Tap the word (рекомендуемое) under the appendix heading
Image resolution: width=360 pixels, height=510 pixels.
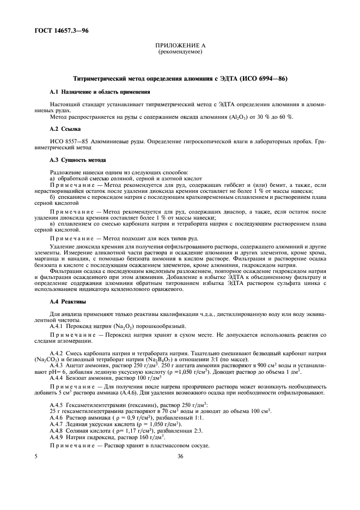pyautogui.click(x=179, y=53)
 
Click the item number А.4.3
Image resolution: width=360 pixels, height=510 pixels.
pyautogui.click(x=57, y=366)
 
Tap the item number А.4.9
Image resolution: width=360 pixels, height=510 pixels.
pyautogui.click(x=57, y=436)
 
